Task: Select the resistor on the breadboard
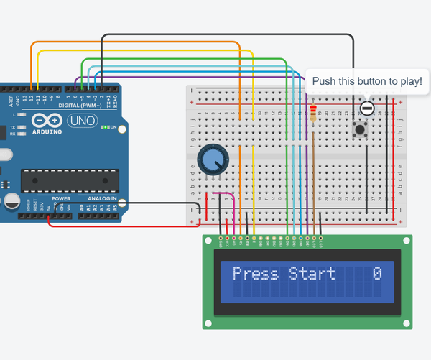(x=314, y=116)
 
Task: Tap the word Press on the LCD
(x=257, y=274)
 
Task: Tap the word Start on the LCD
(x=312, y=274)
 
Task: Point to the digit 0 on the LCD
(x=377, y=274)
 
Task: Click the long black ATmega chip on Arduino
(x=69, y=180)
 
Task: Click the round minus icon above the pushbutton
(x=367, y=109)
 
